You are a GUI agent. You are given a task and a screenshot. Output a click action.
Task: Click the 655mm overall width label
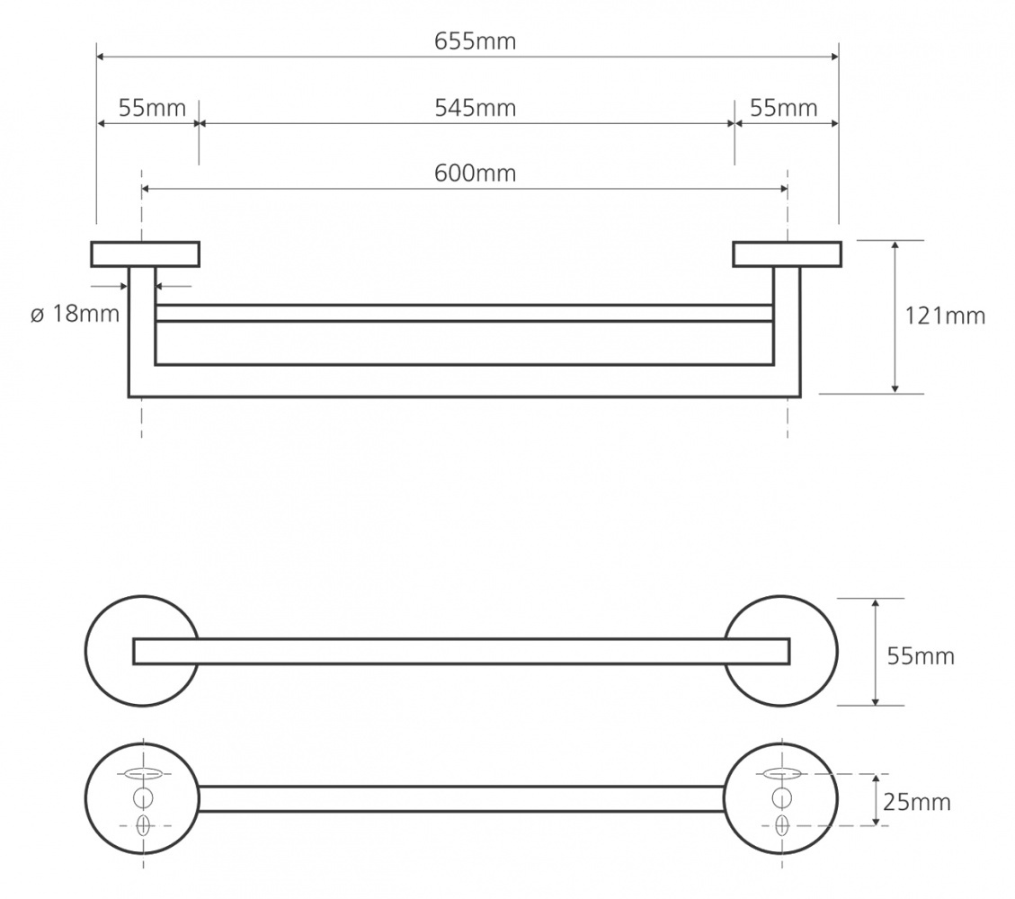click(475, 41)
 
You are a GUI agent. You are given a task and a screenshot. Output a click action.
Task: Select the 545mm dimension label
click(475, 108)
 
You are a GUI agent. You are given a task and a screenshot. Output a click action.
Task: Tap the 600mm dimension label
click(475, 174)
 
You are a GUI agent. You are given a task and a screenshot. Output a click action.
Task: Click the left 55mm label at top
click(152, 108)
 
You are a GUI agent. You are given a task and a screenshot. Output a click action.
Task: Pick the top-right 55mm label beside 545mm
click(784, 108)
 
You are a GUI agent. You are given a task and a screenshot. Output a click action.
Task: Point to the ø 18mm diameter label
click(76, 314)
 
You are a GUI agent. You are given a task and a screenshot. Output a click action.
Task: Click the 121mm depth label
click(945, 316)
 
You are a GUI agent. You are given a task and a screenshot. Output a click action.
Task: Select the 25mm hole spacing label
click(917, 803)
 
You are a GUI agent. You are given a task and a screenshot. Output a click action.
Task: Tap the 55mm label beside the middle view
click(922, 656)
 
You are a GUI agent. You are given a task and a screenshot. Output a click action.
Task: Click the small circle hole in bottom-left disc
click(143, 798)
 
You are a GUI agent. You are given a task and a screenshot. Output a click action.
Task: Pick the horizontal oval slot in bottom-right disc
click(782, 773)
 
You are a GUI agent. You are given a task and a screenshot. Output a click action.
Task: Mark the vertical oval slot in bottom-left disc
click(143, 825)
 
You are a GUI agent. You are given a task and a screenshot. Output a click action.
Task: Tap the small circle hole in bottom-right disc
click(782, 798)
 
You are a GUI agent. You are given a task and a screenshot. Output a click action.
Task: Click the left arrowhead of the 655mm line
click(101, 57)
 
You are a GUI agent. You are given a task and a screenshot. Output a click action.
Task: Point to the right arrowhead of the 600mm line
click(783, 189)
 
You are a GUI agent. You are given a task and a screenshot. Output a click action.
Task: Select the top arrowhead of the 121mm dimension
click(895, 245)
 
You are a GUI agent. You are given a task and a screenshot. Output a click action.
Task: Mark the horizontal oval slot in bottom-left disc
click(143, 773)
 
